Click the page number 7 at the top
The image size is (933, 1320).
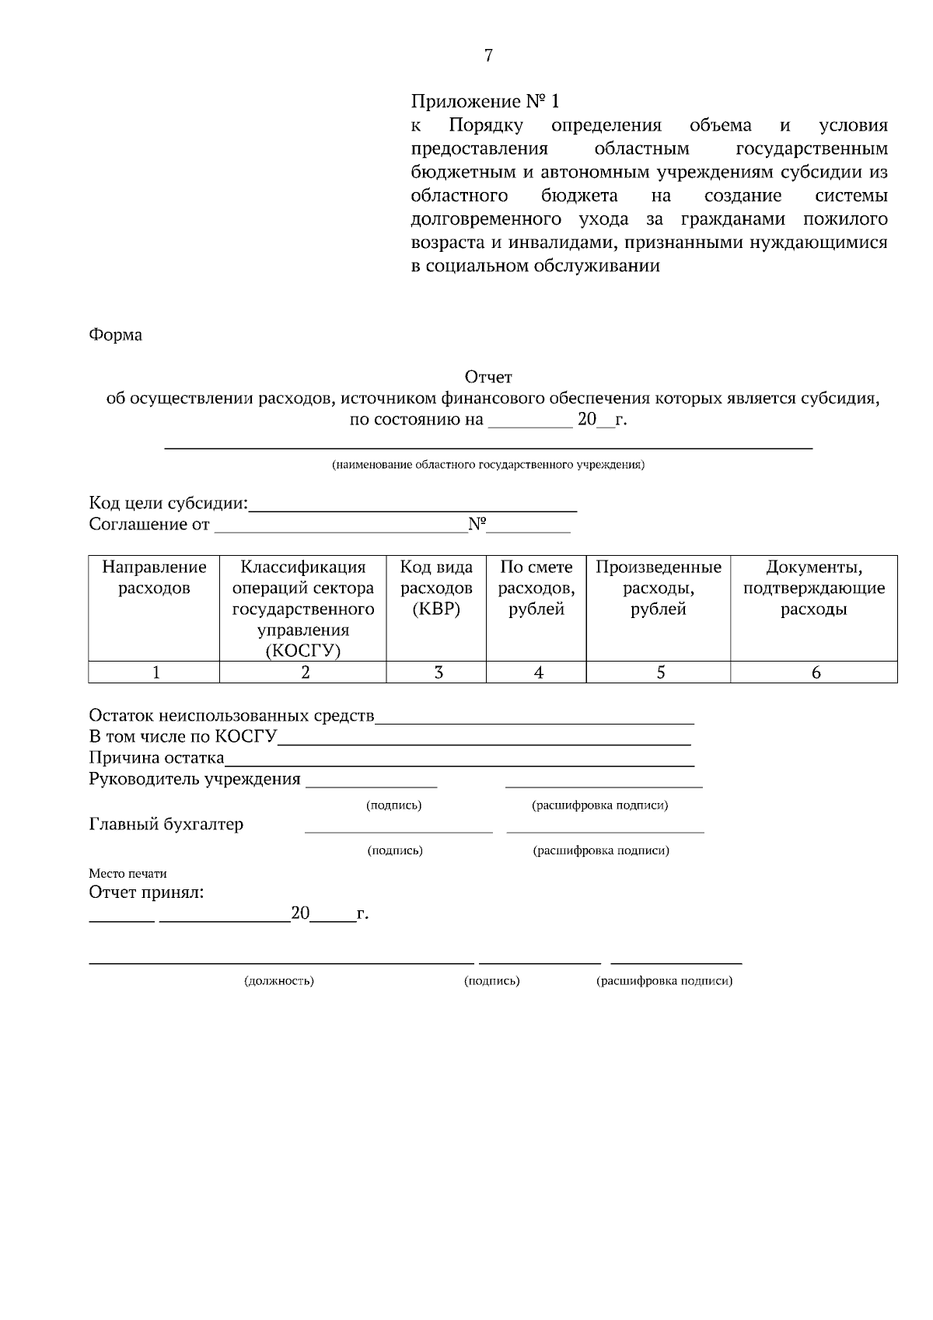click(x=488, y=55)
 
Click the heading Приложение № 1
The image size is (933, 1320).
click(x=484, y=101)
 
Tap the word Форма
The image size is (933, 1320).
click(x=115, y=335)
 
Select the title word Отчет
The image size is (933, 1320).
click(x=488, y=377)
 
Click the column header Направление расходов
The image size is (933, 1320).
click(x=154, y=578)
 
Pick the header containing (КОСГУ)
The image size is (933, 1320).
click(x=303, y=609)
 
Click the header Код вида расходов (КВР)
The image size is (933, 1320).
click(x=436, y=588)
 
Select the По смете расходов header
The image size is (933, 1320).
click(x=536, y=588)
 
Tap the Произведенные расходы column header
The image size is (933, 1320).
click(x=658, y=588)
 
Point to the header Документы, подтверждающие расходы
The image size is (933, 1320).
click(x=813, y=588)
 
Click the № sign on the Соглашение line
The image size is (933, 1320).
click(x=477, y=525)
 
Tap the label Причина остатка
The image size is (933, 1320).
click(x=156, y=757)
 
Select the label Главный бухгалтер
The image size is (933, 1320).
click(x=166, y=824)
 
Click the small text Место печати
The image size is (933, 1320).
click(x=128, y=873)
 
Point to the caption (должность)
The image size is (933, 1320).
click(x=279, y=981)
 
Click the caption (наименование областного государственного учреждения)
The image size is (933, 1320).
click(x=487, y=466)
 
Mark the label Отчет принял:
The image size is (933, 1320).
click(x=146, y=892)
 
